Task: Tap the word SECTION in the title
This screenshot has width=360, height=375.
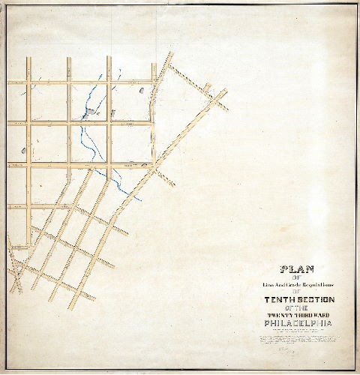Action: (x=316, y=299)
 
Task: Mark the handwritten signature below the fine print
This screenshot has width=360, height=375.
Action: (x=285, y=349)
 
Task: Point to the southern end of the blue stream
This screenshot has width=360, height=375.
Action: (x=139, y=199)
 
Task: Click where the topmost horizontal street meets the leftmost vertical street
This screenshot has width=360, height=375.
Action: (x=28, y=82)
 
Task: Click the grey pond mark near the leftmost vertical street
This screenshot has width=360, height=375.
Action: (x=23, y=151)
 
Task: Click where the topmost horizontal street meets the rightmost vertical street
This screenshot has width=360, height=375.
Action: (x=154, y=82)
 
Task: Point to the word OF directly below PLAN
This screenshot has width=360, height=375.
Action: (x=296, y=277)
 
